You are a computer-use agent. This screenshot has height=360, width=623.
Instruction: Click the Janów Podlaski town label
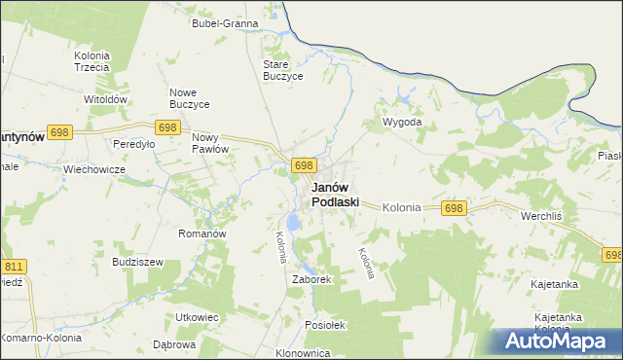tap(335, 195)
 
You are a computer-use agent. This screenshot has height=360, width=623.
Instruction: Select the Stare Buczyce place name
tap(283, 70)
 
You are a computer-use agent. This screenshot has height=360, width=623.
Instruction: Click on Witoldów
tap(106, 100)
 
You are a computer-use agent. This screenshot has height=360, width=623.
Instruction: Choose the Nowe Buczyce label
tap(191, 99)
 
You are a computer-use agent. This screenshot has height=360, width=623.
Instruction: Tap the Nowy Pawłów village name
tap(209, 143)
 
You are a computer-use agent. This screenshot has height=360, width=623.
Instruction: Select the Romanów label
tap(202, 234)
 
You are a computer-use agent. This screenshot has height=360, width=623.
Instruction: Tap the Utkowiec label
tap(196, 318)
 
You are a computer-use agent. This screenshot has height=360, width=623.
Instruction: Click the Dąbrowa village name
tap(174, 344)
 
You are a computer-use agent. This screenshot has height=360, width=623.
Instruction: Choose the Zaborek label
tap(312, 279)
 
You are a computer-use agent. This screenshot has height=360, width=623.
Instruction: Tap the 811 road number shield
tap(14, 266)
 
